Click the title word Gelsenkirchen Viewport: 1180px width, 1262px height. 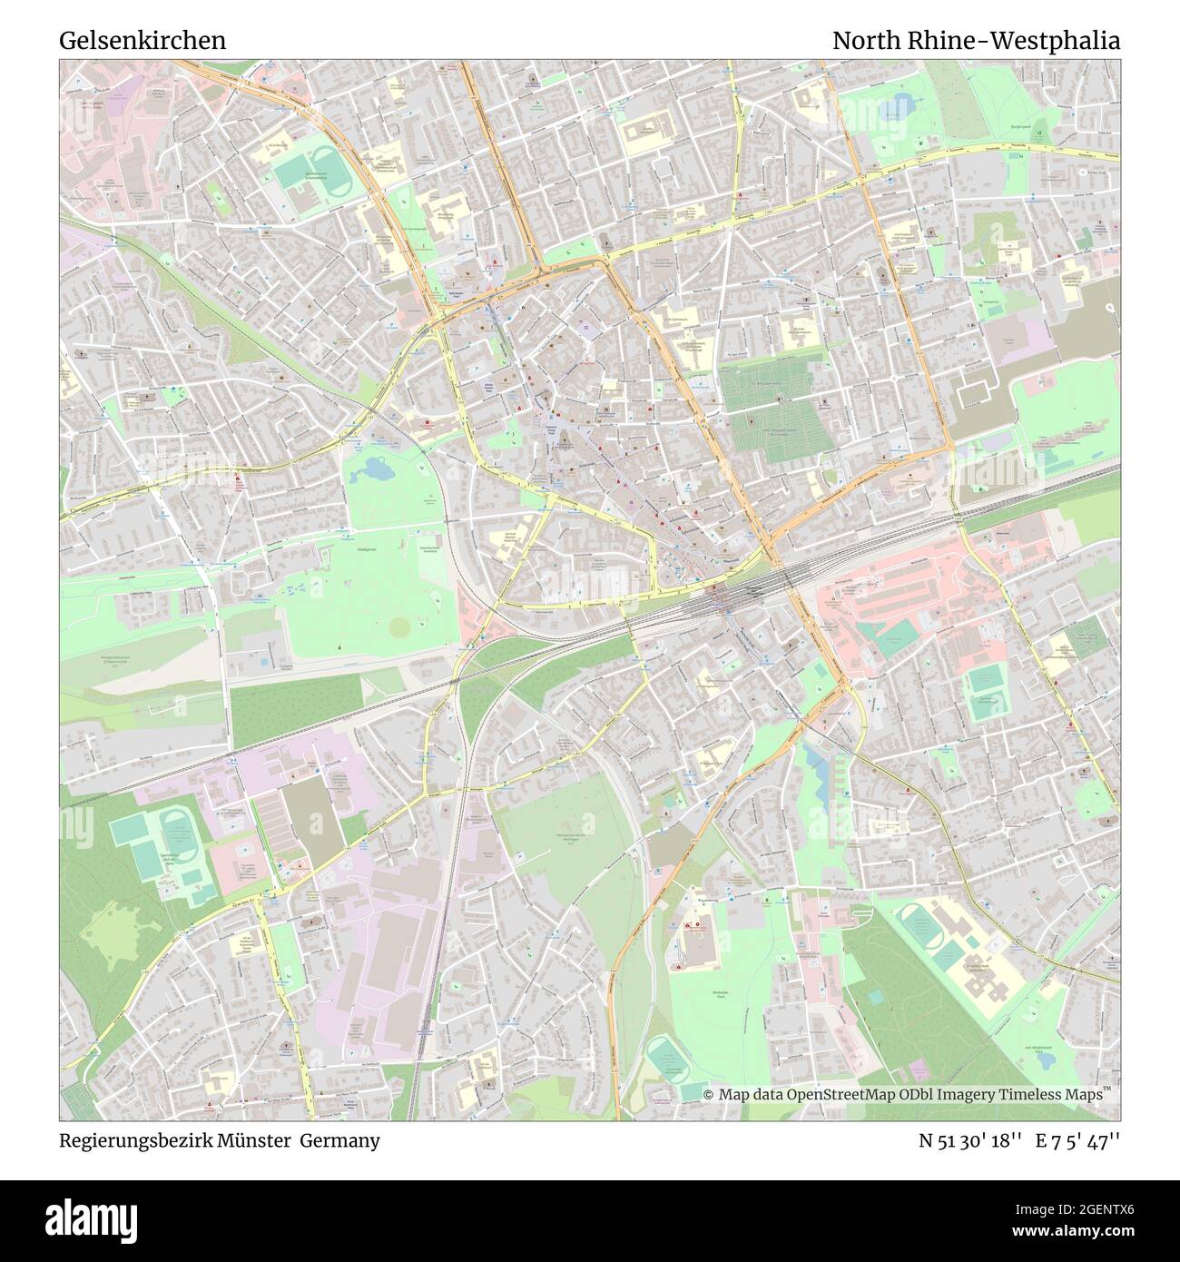coord(143,41)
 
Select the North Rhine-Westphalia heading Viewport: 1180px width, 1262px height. coord(976,41)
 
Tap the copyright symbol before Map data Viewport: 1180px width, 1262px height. coord(710,1095)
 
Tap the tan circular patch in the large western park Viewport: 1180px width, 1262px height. coord(398,626)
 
